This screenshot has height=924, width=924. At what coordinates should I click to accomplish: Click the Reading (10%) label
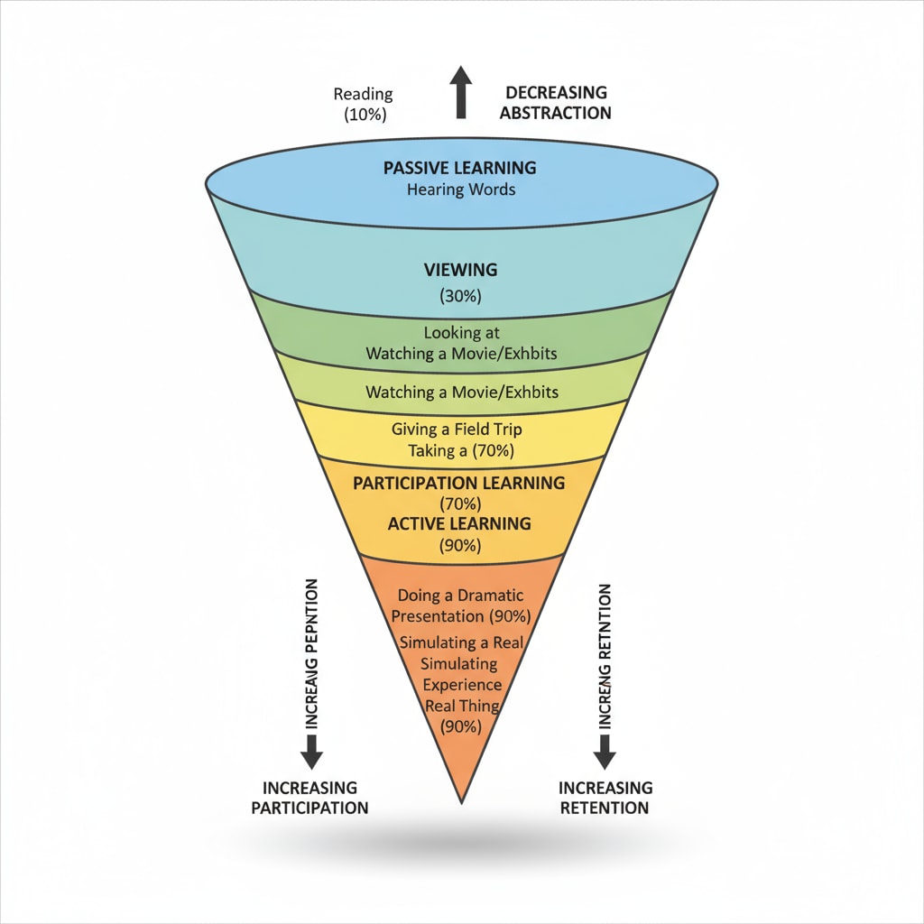(364, 104)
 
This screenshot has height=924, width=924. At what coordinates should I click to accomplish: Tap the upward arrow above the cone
(461, 92)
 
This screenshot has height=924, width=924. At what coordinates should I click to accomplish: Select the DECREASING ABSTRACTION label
(556, 103)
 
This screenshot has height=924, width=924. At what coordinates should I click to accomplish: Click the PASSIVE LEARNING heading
(459, 168)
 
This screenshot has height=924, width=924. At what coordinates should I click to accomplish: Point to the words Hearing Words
(459, 189)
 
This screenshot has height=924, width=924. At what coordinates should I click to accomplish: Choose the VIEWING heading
(460, 270)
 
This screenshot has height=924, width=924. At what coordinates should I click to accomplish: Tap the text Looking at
(460, 333)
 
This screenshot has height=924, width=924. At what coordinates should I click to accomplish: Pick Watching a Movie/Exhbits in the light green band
(461, 393)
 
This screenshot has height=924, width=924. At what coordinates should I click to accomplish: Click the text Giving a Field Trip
(457, 430)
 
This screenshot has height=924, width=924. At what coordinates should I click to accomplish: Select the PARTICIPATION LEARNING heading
(458, 483)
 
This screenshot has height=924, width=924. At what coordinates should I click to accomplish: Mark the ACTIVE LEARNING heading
(459, 523)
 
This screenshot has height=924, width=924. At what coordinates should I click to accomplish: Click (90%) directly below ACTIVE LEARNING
(459, 545)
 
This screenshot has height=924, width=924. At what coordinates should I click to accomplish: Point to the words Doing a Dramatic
(460, 596)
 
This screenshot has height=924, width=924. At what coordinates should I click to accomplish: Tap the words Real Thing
(460, 706)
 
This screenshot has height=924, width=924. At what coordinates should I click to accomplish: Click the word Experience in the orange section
(460, 685)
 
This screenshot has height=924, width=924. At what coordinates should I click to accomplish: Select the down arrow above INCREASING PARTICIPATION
(310, 750)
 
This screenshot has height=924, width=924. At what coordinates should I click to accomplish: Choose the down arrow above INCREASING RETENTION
(605, 750)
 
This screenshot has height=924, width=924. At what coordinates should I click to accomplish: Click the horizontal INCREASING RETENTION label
(605, 798)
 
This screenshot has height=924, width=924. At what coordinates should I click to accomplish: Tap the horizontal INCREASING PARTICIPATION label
(310, 798)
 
